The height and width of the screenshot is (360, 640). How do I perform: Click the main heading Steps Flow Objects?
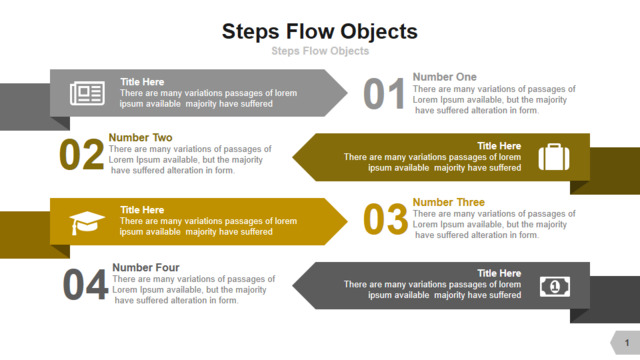[320, 32]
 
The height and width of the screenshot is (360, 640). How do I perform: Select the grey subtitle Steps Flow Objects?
[320, 51]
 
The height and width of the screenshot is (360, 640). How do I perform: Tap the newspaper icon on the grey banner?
[87, 93]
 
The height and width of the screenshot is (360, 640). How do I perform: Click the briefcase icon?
[554, 157]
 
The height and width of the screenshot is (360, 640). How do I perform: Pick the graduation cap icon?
[87, 222]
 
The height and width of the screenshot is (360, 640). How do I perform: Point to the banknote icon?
[555, 287]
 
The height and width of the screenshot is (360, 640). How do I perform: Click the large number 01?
[384, 94]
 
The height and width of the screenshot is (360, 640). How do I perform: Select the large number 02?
[82, 154]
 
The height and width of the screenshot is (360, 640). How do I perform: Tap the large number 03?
[385, 219]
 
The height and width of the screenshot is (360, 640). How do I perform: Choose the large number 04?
[85, 284]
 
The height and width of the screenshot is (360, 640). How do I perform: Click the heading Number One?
[444, 77]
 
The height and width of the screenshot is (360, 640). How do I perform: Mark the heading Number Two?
[140, 137]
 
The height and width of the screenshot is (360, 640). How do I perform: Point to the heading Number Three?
[449, 202]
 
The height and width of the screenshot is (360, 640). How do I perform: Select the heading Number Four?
[146, 267]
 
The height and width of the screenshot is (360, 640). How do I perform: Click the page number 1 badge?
[626, 342]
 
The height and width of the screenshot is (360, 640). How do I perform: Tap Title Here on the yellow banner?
[142, 210]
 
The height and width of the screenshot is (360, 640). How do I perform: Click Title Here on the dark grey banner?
[499, 273]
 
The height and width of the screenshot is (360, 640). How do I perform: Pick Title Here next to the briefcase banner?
[499, 146]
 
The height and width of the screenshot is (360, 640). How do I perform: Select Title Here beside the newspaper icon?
[142, 82]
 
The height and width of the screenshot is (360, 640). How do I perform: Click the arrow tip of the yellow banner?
[347, 222]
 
